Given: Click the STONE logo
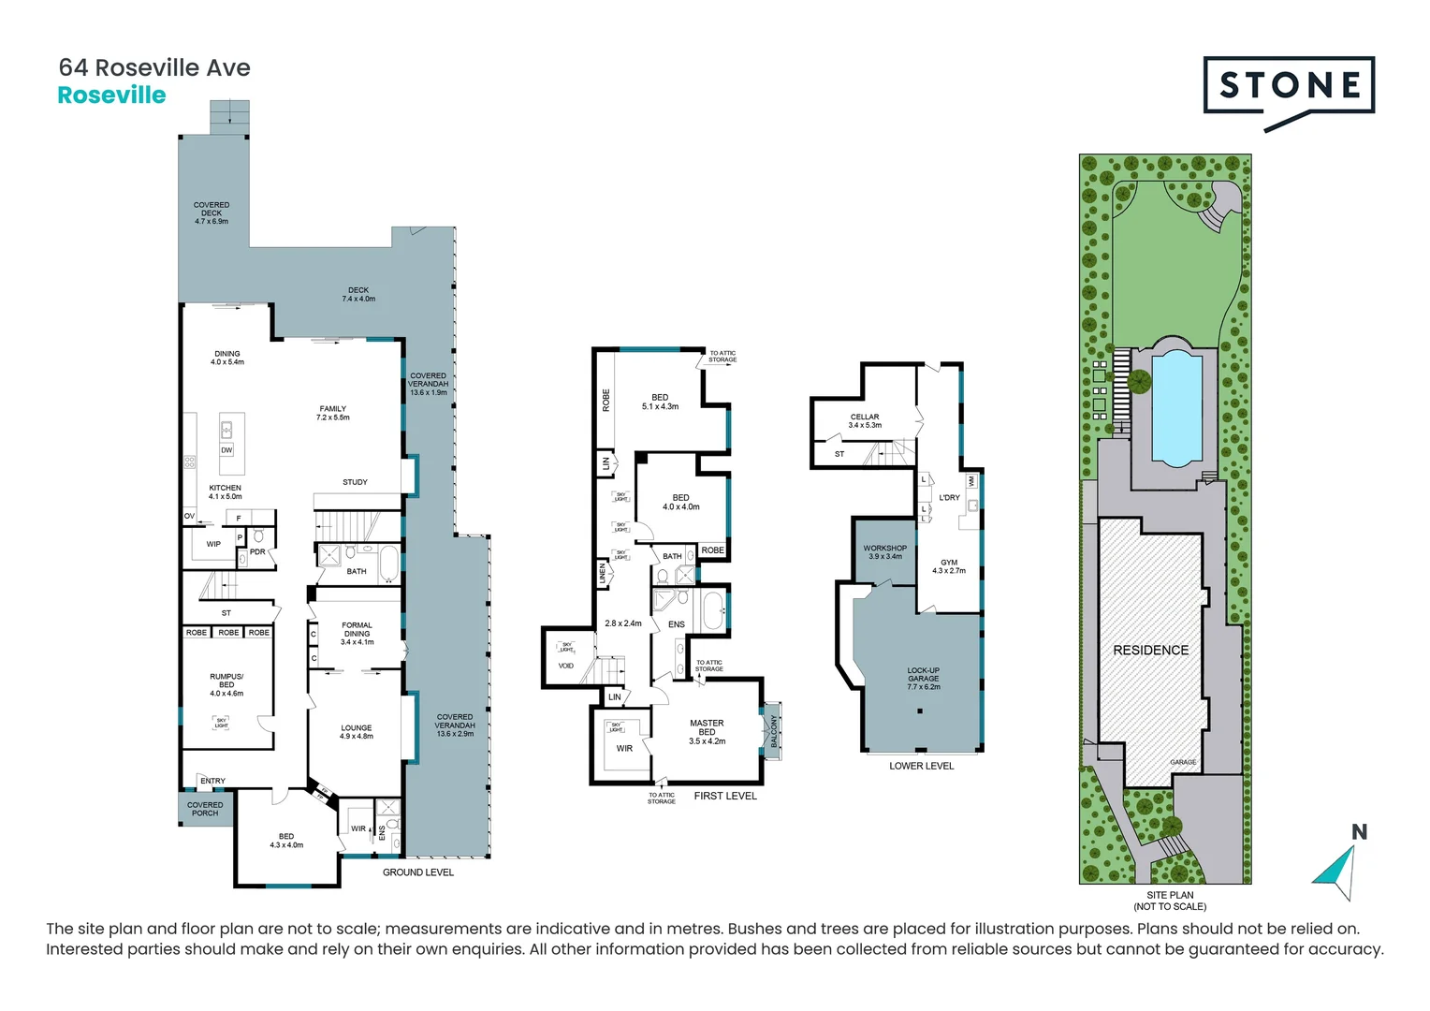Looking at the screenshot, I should pyautogui.click(x=1289, y=86).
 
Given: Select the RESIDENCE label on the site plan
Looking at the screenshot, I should pyautogui.click(x=1150, y=650).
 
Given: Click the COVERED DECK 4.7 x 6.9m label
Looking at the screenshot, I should pyautogui.click(x=212, y=212).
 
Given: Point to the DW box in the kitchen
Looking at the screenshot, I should pyautogui.click(x=226, y=450).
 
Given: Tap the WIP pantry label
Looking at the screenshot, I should pyautogui.click(x=213, y=544).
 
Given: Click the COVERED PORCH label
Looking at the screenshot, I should pyautogui.click(x=205, y=809).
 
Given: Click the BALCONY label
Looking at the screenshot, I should pyautogui.click(x=774, y=731).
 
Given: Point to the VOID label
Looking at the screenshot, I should pyautogui.click(x=565, y=666).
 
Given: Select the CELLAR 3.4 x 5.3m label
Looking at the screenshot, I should pyautogui.click(x=865, y=420).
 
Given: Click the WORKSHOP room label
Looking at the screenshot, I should pyautogui.click(x=884, y=551).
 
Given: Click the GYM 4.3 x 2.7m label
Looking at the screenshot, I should pyautogui.click(x=949, y=565).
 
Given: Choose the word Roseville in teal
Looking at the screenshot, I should pyautogui.click(x=111, y=95).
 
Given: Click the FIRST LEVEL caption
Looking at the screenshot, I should pyautogui.click(x=724, y=796).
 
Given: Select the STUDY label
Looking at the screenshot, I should pyautogui.click(x=355, y=482).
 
